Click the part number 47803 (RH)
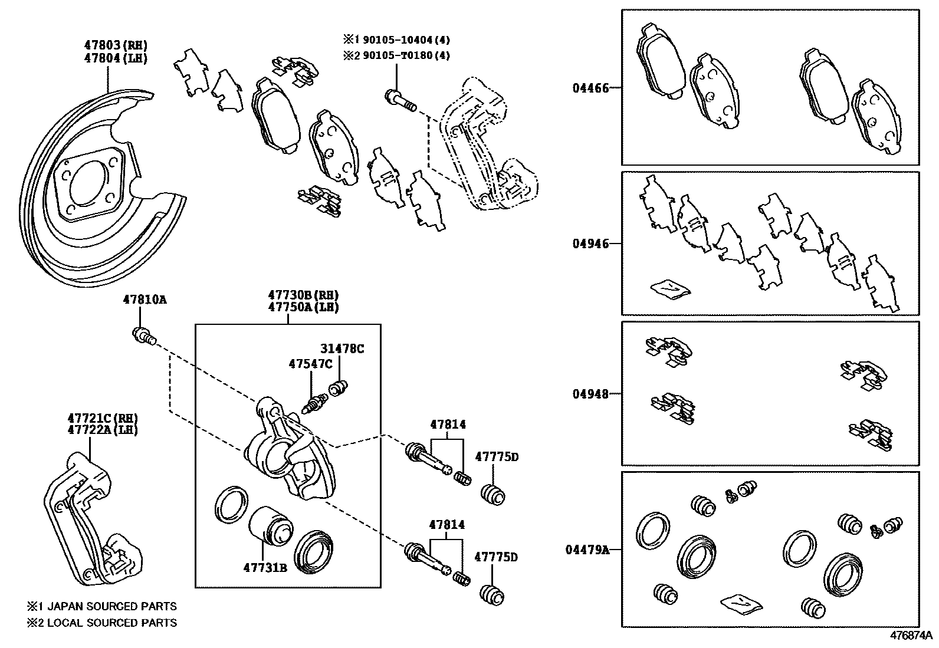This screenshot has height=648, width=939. point(116,45)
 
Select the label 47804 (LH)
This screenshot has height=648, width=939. point(116,58)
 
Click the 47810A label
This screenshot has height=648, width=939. point(145,300)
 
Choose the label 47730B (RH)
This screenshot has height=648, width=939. point(303,295)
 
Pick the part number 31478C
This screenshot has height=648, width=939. point(342,348)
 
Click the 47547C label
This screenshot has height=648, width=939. point(310,364)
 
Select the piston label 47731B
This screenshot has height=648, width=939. point(265,568)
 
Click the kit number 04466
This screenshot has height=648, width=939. point(590,89)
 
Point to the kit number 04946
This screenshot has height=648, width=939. point(590,244)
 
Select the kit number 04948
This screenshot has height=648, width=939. point(590,394)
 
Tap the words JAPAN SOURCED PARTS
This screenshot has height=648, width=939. point(111,606)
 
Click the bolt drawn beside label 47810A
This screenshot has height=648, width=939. point(143,336)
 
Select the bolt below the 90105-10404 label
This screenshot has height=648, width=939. point(400,100)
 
